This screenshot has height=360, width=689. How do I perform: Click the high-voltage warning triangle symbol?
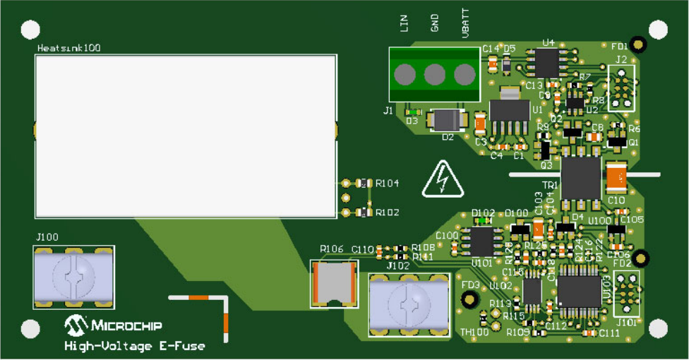click(x=442, y=181)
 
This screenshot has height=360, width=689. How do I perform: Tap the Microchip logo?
click(x=114, y=325)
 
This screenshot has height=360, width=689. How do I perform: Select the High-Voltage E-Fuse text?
click(x=134, y=346)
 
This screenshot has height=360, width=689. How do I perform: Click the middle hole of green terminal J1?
click(x=434, y=74)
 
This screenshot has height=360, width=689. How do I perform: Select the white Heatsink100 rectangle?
click(x=185, y=136)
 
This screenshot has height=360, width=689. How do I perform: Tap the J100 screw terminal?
click(x=73, y=276)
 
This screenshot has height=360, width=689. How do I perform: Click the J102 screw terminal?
click(x=409, y=304)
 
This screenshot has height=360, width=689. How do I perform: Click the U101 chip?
click(x=481, y=241)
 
